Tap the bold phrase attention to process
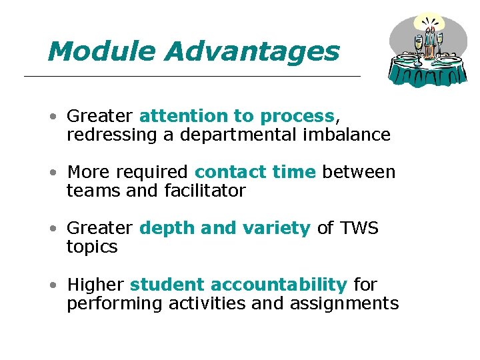click(236, 116)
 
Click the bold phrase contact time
click(255, 172)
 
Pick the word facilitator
click(205, 191)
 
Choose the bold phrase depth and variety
click(225, 228)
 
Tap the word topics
click(92, 247)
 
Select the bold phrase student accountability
click(238, 285)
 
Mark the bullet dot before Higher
click(53, 285)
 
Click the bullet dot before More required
click(53, 173)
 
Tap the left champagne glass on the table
click(418, 45)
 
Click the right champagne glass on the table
click(440, 41)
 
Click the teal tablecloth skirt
click(427, 75)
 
